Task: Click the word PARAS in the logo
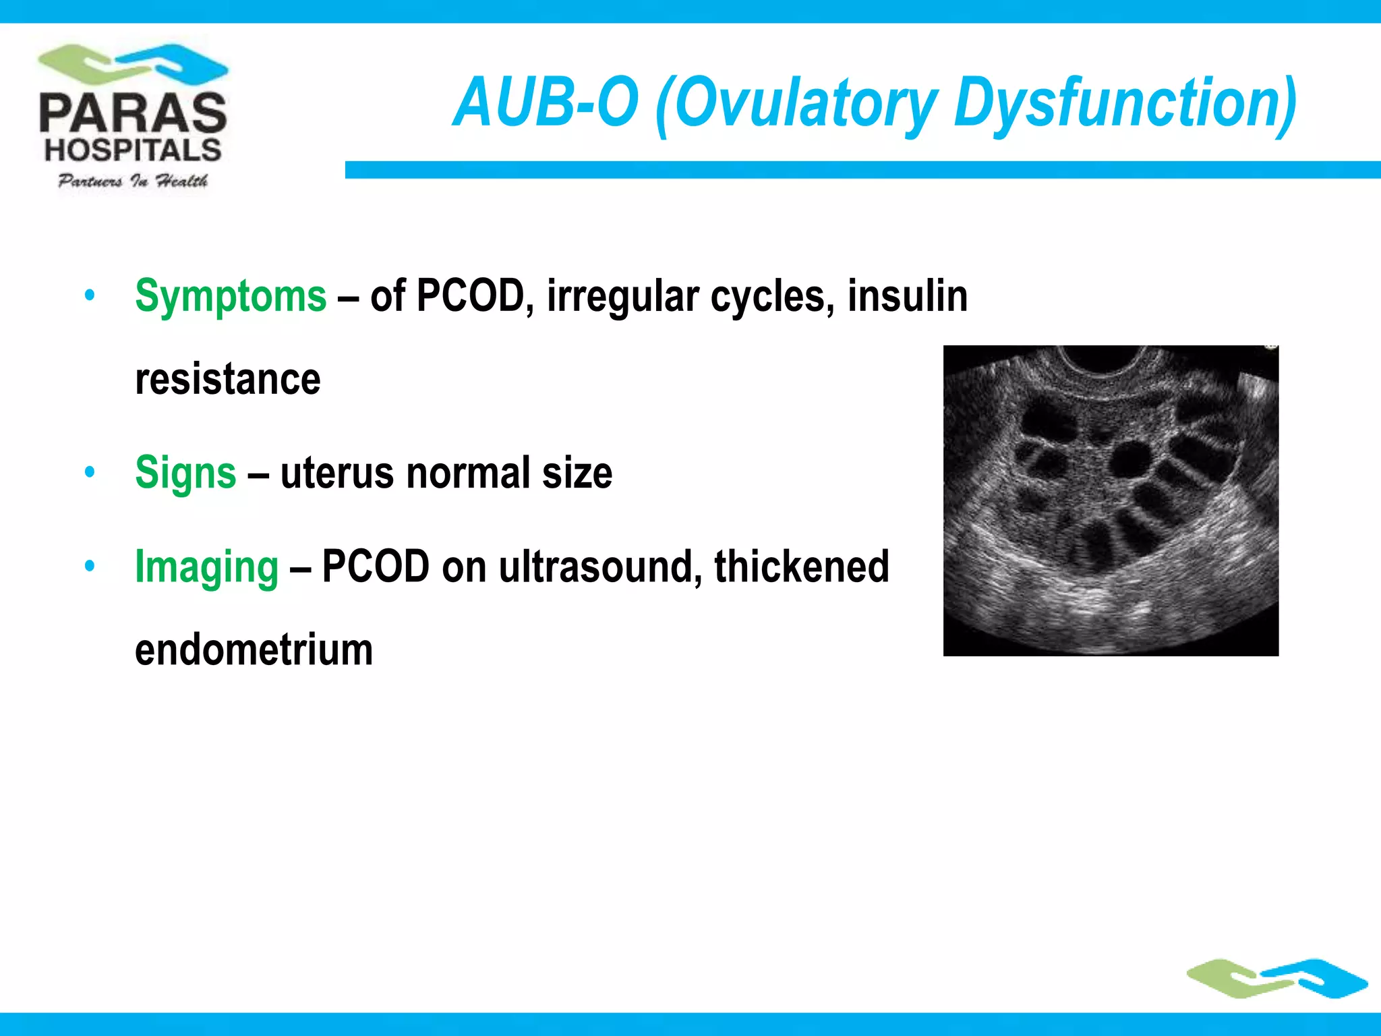coord(133,113)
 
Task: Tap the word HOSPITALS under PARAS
coord(133,150)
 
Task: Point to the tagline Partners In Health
coord(133,181)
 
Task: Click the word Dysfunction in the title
coord(1125,103)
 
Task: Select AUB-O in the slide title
coord(545,103)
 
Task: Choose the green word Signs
coord(185,472)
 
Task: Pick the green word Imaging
coord(206,567)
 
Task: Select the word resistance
coord(228,379)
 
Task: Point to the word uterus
coord(338,472)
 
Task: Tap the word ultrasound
coord(596,567)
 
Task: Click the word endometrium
coord(254,650)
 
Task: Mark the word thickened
coord(802,567)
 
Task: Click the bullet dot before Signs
coord(90,472)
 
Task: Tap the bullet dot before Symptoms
coord(90,295)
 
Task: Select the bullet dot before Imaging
coord(90,567)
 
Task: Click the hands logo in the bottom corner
coord(1277,978)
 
